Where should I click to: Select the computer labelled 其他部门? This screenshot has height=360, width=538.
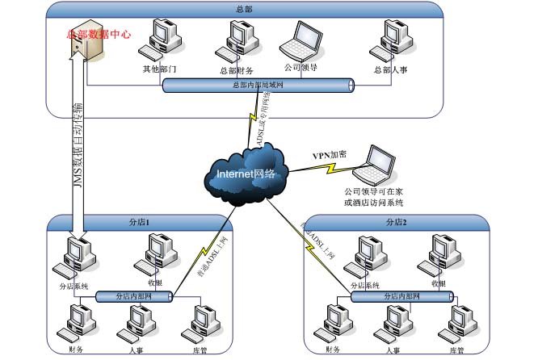pos(158,43)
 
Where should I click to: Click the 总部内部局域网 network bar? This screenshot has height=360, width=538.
pos(258,85)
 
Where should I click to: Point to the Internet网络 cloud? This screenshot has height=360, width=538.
pos(246,172)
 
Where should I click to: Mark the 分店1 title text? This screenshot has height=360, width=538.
pos(141,221)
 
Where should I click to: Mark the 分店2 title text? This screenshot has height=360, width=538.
pos(396,221)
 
